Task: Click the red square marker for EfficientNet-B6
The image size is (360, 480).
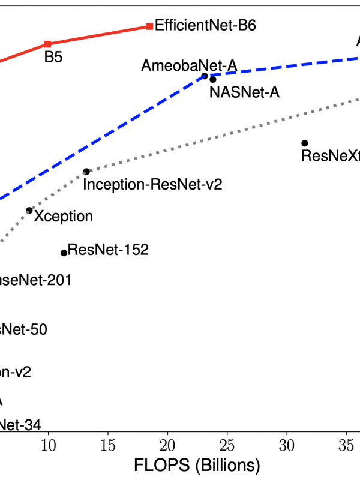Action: (149, 26)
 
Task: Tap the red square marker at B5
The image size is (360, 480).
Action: (48, 44)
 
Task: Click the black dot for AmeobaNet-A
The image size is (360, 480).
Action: (205, 76)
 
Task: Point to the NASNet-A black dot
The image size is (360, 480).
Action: (213, 79)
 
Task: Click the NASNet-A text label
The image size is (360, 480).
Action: (245, 92)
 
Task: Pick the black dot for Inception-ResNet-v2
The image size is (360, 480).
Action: (86, 172)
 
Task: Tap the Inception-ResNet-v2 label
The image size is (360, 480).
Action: (152, 184)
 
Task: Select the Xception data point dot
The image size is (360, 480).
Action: (29, 211)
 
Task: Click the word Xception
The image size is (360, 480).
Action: (64, 217)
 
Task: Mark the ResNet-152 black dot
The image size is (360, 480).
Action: (64, 253)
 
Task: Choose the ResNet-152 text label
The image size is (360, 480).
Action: (108, 250)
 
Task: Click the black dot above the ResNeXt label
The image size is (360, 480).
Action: (305, 143)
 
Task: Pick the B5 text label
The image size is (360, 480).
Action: (54, 59)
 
